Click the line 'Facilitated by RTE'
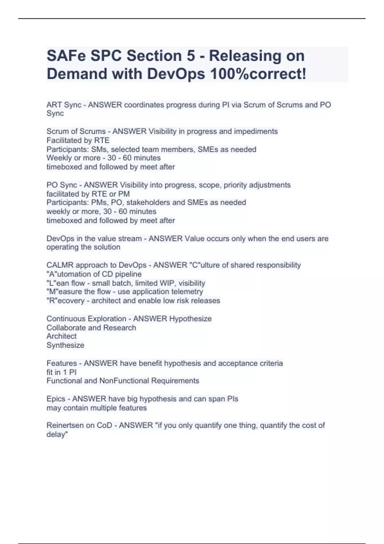point(78,140)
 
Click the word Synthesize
point(65,345)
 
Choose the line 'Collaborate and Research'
point(91,328)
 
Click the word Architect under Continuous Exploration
point(61,336)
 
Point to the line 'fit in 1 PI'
point(61,372)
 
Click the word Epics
point(56,399)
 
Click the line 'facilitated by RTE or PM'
point(88,194)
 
